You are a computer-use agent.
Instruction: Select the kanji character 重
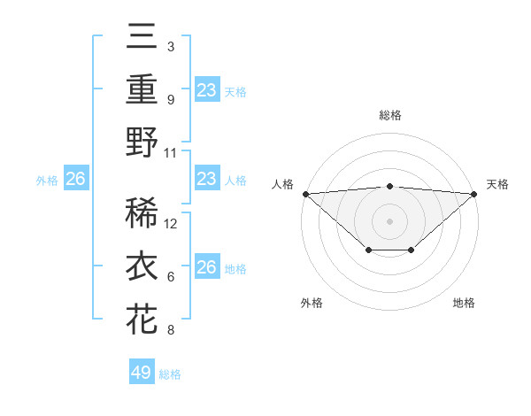tap(142, 89)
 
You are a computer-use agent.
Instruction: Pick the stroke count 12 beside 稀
tap(172, 224)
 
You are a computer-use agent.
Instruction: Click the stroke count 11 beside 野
tap(171, 152)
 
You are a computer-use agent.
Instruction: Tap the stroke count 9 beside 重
tap(171, 100)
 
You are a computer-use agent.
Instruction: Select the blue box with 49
tap(142, 373)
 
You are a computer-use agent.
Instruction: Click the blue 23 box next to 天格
tap(207, 90)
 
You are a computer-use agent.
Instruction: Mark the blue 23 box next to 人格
tap(207, 180)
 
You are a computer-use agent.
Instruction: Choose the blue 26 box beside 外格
tap(76, 180)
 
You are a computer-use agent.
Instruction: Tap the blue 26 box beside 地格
tap(207, 267)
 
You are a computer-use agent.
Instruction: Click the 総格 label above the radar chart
tap(389, 115)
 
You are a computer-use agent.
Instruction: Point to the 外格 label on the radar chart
tap(312, 303)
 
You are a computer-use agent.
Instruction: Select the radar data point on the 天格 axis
tap(474, 193)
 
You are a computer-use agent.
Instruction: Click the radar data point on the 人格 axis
tap(305, 193)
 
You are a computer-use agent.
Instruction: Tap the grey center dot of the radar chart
tap(389, 220)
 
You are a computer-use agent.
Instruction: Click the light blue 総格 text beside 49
tap(170, 374)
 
